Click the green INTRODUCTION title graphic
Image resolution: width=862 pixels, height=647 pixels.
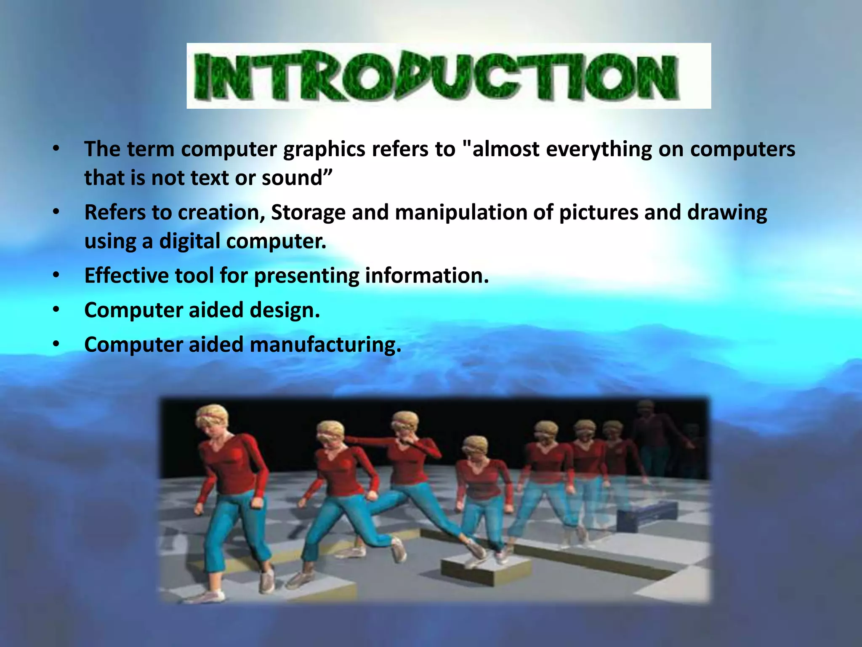(448, 76)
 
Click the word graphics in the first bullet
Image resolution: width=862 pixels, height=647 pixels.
(324, 150)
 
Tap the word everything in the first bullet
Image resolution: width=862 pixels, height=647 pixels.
(599, 150)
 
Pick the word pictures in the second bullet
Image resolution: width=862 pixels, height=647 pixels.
(598, 213)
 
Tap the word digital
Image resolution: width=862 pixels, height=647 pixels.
(189, 241)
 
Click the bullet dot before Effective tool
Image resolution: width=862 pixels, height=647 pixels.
(56, 276)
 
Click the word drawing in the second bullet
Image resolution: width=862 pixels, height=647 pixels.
(727, 213)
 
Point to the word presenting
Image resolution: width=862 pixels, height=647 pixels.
(306, 276)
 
